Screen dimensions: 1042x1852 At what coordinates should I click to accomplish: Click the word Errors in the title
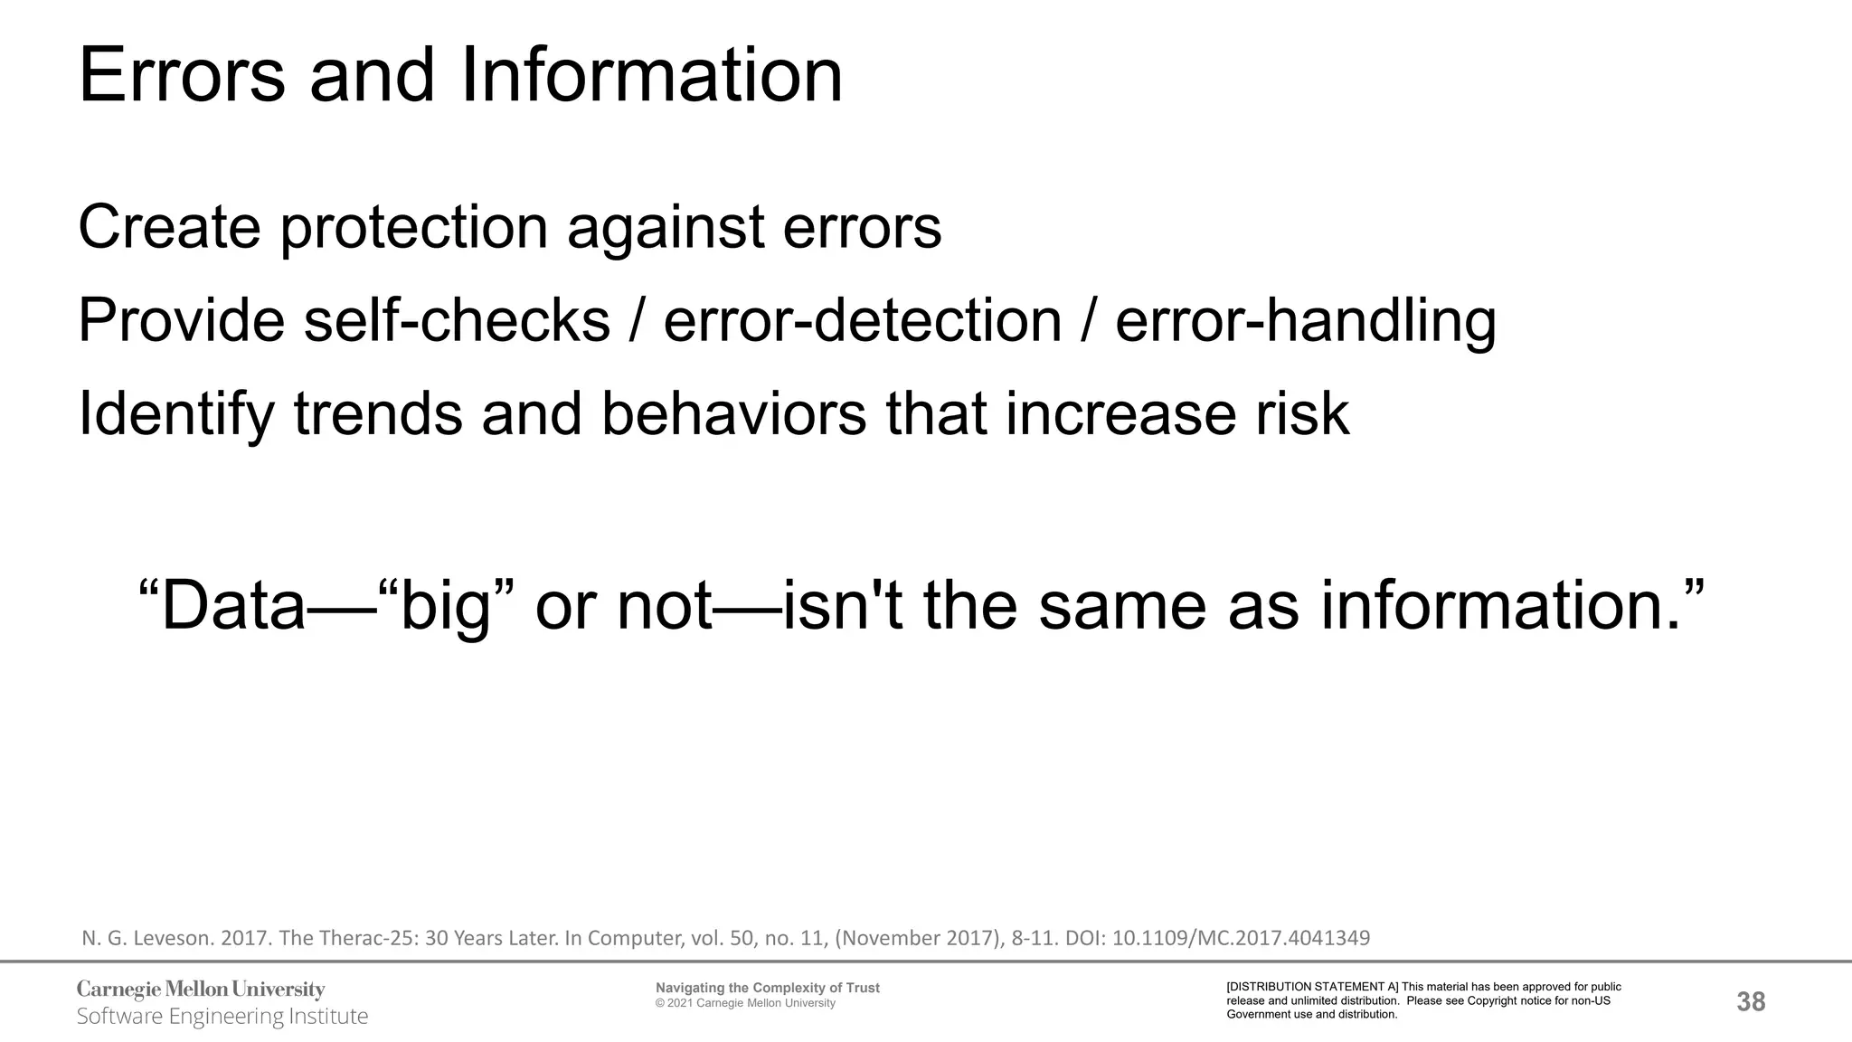pos(182,76)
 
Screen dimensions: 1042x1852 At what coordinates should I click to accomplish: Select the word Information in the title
pos(651,76)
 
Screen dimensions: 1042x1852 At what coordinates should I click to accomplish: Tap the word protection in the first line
pos(413,227)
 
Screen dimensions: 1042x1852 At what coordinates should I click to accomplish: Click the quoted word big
pos(445,606)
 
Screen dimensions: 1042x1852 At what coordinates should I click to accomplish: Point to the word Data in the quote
pos(233,606)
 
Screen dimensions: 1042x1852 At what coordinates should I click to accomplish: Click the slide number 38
pos(1751,1001)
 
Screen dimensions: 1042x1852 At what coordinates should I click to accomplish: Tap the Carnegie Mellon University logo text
pos(201,990)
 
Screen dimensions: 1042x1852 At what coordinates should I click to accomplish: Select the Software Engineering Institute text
pos(222,1017)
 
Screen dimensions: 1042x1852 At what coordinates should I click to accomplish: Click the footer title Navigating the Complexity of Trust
pos(767,988)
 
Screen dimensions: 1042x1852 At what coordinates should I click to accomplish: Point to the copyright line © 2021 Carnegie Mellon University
pos(745,1003)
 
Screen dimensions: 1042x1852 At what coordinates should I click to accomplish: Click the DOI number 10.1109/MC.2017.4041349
pos(1241,938)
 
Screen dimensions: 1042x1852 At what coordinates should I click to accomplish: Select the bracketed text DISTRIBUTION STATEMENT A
pos(1312,987)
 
